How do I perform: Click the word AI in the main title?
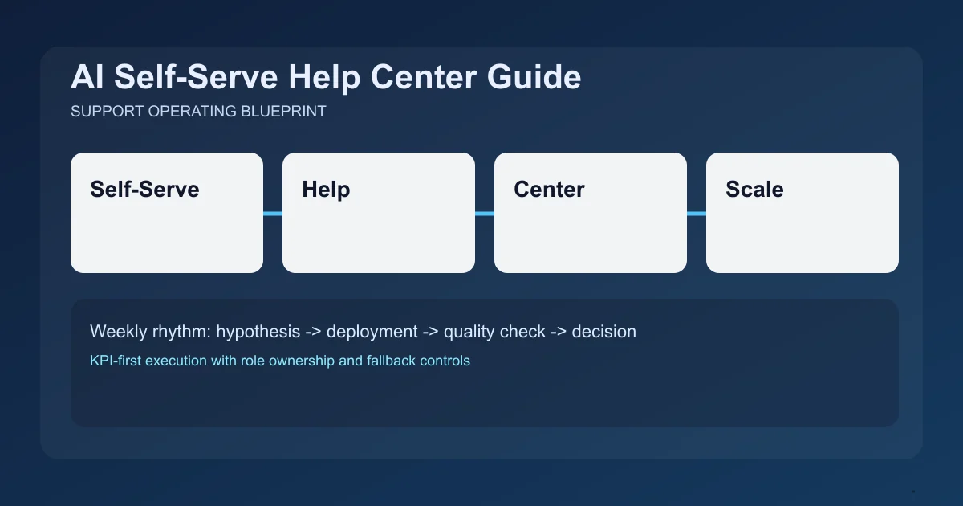point(87,78)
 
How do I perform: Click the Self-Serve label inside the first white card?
point(144,190)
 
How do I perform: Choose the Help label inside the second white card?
point(326,190)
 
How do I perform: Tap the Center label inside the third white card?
point(549,190)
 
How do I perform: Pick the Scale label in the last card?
point(754,190)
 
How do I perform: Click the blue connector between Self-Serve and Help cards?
point(273,214)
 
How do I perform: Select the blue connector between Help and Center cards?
point(485,214)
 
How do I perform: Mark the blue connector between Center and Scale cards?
point(697,214)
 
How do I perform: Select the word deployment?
point(372,332)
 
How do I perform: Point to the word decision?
point(603,331)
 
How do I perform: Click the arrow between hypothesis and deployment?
point(313,332)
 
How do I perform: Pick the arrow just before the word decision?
point(558,332)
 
